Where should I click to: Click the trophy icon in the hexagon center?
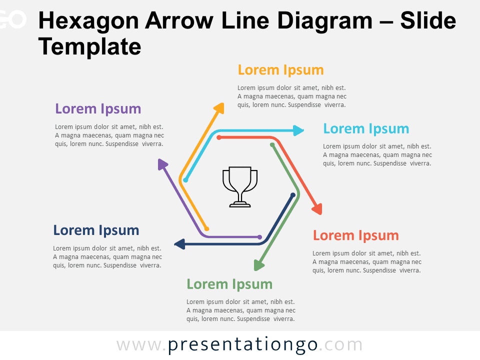[x=240, y=186]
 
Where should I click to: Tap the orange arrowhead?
[x=219, y=108]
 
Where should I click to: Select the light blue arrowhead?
[x=298, y=130]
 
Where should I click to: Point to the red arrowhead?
[x=317, y=209]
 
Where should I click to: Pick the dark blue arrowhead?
[x=180, y=244]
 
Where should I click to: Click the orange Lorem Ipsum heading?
[x=280, y=70]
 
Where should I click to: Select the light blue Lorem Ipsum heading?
[x=366, y=128]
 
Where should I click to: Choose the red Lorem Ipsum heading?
[x=355, y=235]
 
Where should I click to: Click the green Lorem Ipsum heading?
[x=229, y=284]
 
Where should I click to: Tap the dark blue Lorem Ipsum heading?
[x=96, y=230]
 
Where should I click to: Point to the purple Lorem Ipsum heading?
[x=98, y=108]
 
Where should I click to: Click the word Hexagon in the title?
[x=88, y=21]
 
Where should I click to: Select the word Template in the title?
[x=89, y=47]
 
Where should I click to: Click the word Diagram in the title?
[x=325, y=21]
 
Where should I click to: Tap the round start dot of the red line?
[x=219, y=137]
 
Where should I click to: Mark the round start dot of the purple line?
[x=259, y=237]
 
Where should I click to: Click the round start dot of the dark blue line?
[x=292, y=195]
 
